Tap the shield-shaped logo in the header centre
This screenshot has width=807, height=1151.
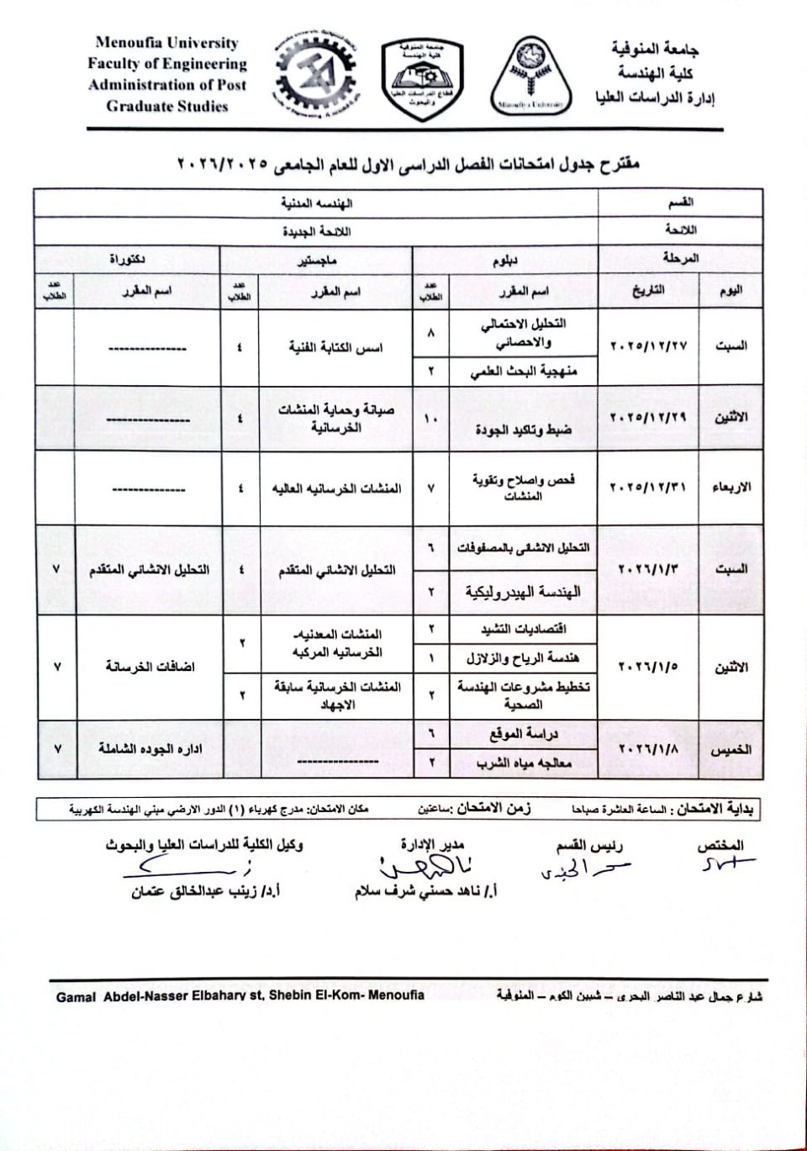tap(422, 78)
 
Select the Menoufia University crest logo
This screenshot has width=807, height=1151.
tap(530, 77)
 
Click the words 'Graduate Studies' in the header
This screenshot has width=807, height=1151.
tap(167, 106)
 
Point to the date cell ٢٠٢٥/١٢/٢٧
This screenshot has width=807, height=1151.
tap(648, 346)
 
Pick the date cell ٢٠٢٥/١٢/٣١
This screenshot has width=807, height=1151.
tap(648, 487)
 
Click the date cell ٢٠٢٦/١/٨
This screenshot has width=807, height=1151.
tap(648, 748)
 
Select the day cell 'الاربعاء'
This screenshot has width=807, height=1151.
tap(731, 487)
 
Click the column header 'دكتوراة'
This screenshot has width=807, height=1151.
tap(127, 259)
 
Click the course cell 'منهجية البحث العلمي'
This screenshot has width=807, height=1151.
tap(524, 371)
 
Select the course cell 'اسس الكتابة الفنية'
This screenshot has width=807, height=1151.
tap(335, 347)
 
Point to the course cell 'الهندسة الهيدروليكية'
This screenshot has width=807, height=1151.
tap(523, 592)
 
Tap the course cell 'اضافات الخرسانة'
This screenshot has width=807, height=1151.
tap(150, 666)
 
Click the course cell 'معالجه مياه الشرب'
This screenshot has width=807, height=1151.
tap(524, 763)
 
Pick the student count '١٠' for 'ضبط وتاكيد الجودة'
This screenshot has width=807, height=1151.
tap(430, 418)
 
